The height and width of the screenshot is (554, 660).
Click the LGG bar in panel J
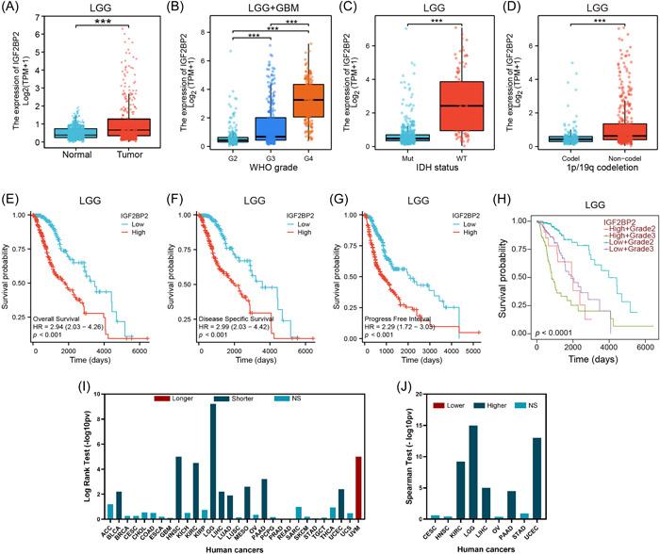(x=523, y=459)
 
